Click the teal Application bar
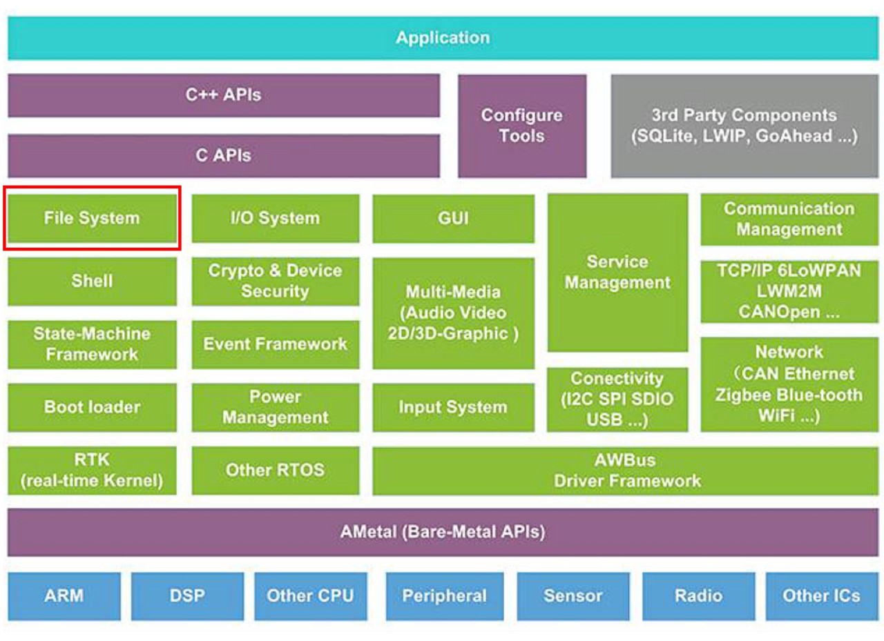tap(443, 38)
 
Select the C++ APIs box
tap(224, 95)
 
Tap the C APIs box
tap(224, 156)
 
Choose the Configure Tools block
tap(522, 126)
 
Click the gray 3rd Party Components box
tap(745, 126)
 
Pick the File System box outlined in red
tap(93, 218)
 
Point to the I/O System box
tap(276, 218)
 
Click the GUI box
tap(454, 219)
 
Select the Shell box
tap(93, 282)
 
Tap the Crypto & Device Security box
tap(276, 282)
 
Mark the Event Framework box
tap(276, 344)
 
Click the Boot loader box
tap(93, 407)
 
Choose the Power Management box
tap(276, 407)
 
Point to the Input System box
tap(454, 407)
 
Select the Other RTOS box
tap(276, 471)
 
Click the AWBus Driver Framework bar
tap(626, 471)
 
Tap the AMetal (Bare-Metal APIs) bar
tap(443, 532)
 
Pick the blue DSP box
tap(187, 596)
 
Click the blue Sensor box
tap(573, 596)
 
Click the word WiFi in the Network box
tap(776, 415)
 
